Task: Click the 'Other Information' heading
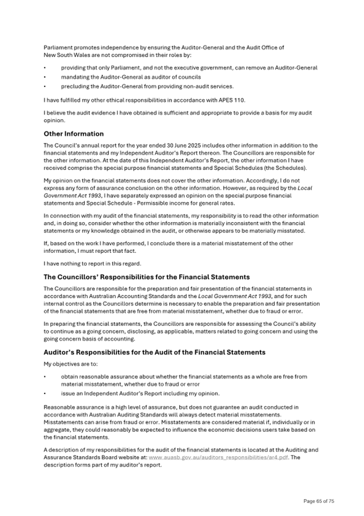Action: pos(73,134)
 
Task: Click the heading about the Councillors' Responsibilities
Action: pos(146,277)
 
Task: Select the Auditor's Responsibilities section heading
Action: pos(154,352)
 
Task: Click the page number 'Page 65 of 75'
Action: pos(319,501)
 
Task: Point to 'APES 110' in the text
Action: pos(209,100)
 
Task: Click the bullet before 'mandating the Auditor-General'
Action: pos(45,77)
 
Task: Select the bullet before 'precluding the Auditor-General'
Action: pos(45,86)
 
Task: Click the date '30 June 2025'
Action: pos(159,146)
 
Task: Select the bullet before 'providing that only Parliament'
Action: pos(45,68)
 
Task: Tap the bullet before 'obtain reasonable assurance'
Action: pos(45,377)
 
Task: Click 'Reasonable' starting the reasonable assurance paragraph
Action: pos(58,407)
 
